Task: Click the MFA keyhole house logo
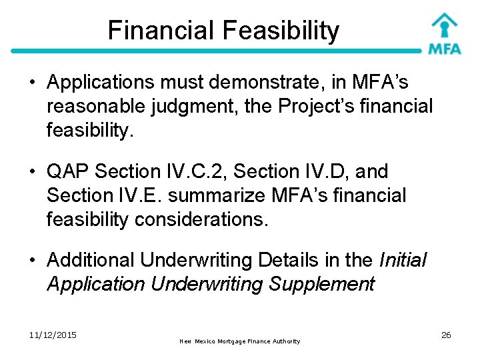[444, 33]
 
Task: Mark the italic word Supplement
[322, 285]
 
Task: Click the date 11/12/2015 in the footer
[53, 335]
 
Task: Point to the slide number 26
[446, 335]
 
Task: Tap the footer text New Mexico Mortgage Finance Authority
[240, 341]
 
